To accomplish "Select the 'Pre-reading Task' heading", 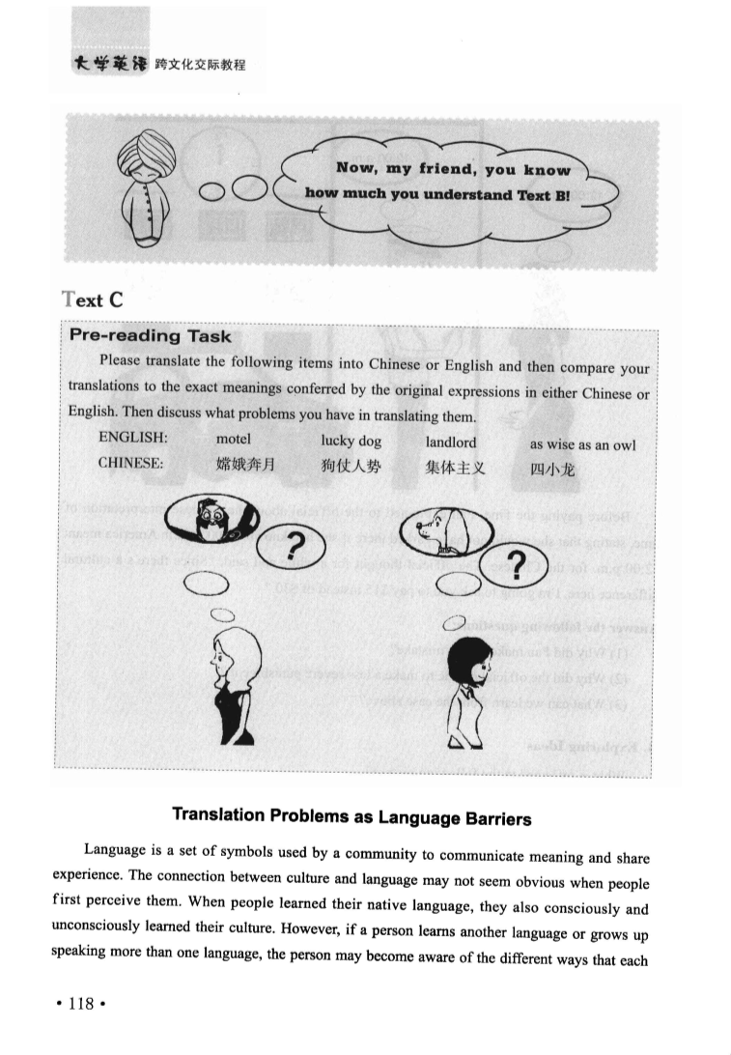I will point(151,336).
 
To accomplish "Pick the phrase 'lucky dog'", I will point(351,442).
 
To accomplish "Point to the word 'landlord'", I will point(451,442).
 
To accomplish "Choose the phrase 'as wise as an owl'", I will point(582,445).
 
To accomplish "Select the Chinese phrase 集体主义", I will point(455,469).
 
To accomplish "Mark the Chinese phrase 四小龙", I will point(552,470).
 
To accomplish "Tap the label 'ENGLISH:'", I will point(134,442).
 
